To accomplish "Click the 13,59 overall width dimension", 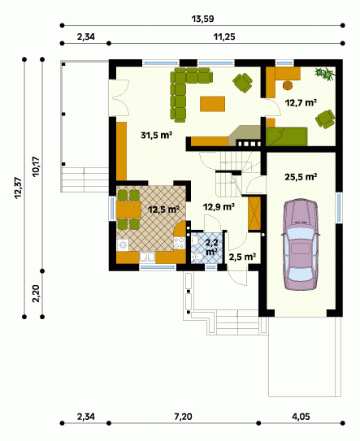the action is [202, 19].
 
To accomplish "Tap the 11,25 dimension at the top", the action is [224, 37].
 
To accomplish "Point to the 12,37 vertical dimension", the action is [18, 188].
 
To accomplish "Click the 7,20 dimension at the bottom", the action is [183, 417].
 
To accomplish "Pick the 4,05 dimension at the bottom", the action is [301, 417].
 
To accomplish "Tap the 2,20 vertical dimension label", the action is [36, 294].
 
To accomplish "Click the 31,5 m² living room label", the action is [157, 136].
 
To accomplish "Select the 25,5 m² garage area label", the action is [301, 177].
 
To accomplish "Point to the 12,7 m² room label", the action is [301, 102].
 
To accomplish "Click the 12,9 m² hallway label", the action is [219, 207].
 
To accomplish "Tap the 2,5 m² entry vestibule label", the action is [242, 257].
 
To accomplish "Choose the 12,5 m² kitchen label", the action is [164, 210].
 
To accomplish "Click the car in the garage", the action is [301, 244].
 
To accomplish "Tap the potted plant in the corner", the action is [325, 74].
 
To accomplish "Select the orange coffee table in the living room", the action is [213, 104].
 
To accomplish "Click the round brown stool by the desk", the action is [288, 85].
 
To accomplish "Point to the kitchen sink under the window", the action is [147, 257].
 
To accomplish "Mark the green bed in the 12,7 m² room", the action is [287, 136].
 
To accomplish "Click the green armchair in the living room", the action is [242, 82].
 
